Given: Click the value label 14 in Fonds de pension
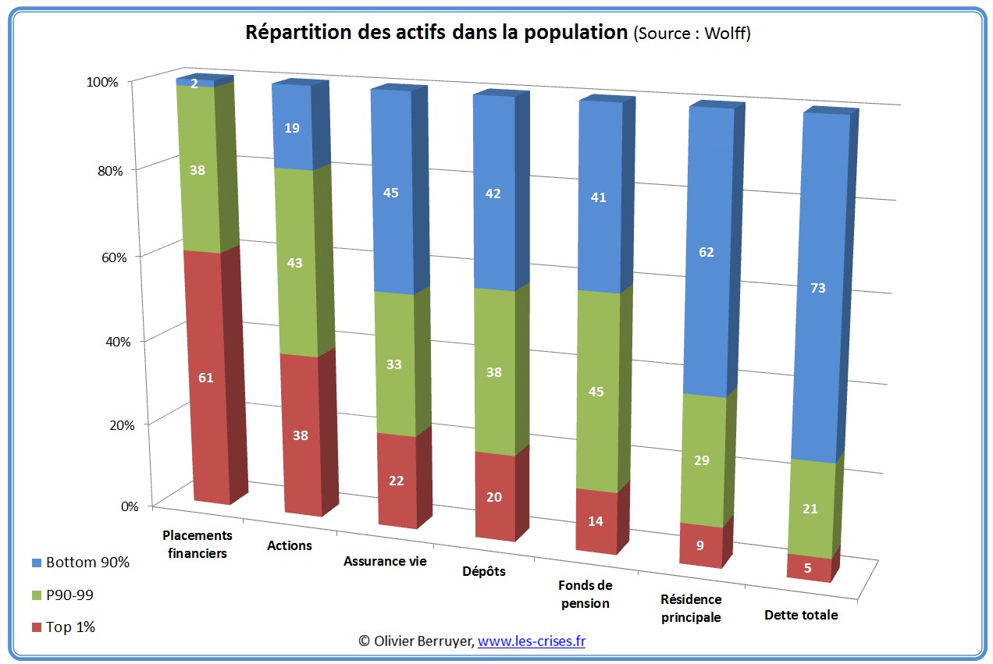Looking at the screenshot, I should click(x=596, y=521).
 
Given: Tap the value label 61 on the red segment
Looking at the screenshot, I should click(x=205, y=378).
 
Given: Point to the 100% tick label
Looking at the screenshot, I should click(x=101, y=82).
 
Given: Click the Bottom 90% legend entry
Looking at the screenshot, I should click(x=87, y=562).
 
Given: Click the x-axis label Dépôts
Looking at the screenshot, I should click(x=483, y=571).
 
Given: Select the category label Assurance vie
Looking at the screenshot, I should click(x=385, y=562).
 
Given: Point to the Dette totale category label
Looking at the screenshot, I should click(x=801, y=615).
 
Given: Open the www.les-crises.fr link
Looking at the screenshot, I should click(x=532, y=641).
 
